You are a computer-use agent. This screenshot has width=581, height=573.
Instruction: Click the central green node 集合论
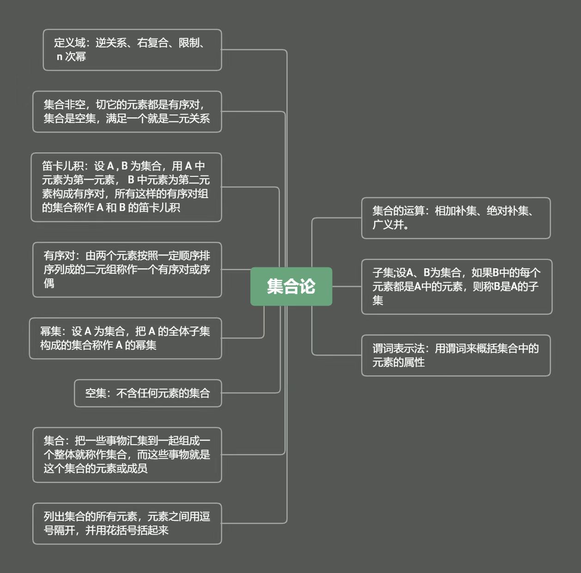[x=291, y=286]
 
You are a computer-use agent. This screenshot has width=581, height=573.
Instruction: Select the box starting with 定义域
[x=132, y=50]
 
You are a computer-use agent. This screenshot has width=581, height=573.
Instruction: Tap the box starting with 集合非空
[x=127, y=112]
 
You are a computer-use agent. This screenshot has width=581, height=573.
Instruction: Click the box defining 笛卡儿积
[x=126, y=187]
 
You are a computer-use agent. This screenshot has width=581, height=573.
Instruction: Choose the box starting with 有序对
[x=127, y=270]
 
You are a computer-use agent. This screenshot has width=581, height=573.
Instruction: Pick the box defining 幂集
[x=125, y=338]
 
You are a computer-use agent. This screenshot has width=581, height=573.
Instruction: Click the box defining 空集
[x=148, y=393]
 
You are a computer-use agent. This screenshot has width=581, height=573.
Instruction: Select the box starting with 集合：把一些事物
[x=127, y=455]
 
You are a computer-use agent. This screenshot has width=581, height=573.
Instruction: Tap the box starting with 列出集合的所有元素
[x=127, y=524]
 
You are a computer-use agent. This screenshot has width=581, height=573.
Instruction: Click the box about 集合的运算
[x=455, y=218]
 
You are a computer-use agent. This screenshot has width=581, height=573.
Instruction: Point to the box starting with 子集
[x=456, y=287]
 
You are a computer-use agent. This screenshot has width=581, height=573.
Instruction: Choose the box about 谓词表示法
[x=455, y=356]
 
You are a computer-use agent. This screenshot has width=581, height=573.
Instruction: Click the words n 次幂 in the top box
[x=71, y=57]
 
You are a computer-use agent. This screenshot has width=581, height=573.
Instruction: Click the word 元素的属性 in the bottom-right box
[x=399, y=362]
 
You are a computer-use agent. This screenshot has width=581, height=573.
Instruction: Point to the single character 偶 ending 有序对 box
[x=49, y=283]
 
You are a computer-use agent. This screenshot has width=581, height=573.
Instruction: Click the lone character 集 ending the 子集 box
[x=378, y=301]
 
